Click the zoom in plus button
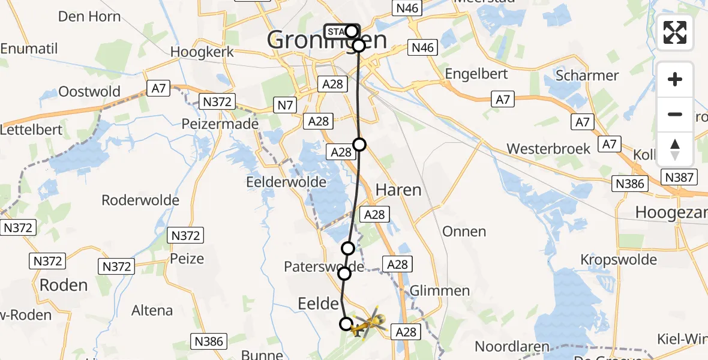click(x=675, y=79)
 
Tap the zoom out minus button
click(x=675, y=114)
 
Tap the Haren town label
click(x=398, y=190)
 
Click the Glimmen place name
click(x=440, y=291)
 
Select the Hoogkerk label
click(x=201, y=52)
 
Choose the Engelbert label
click(x=476, y=74)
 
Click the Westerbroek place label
click(x=548, y=148)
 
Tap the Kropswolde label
click(x=618, y=260)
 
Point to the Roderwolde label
click(x=140, y=200)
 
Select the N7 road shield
click(x=284, y=106)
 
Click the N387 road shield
click(x=679, y=177)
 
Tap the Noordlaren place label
click(x=512, y=346)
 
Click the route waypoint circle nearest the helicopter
click(x=346, y=324)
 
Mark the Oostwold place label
click(x=89, y=92)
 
